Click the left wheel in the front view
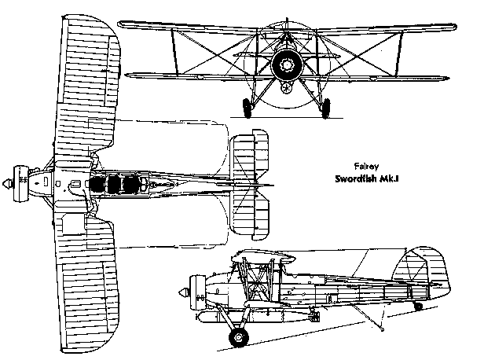tap(248, 108)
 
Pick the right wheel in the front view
tap(322, 108)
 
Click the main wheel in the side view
tap(238, 338)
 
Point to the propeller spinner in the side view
tap(186, 292)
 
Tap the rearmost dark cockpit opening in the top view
tap(134, 186)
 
